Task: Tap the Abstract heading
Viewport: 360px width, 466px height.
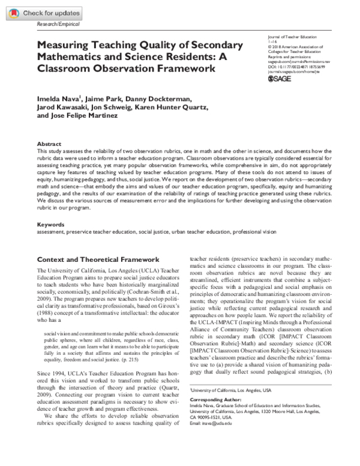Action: click(x=49, y=145)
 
